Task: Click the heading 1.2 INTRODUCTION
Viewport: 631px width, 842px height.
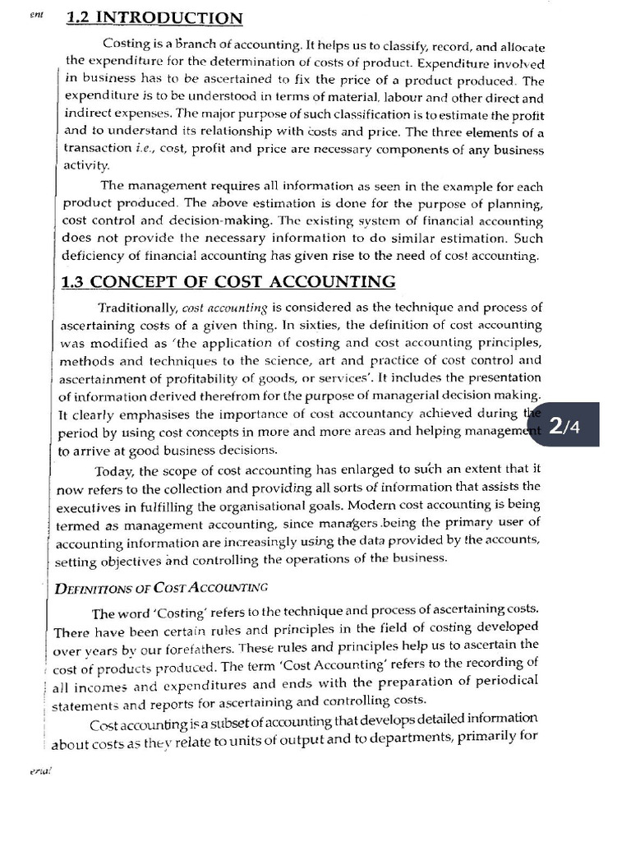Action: (154, 18)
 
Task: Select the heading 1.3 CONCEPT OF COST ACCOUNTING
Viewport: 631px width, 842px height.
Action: (229, 282)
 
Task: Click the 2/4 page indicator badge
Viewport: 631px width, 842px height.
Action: (566, 425)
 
